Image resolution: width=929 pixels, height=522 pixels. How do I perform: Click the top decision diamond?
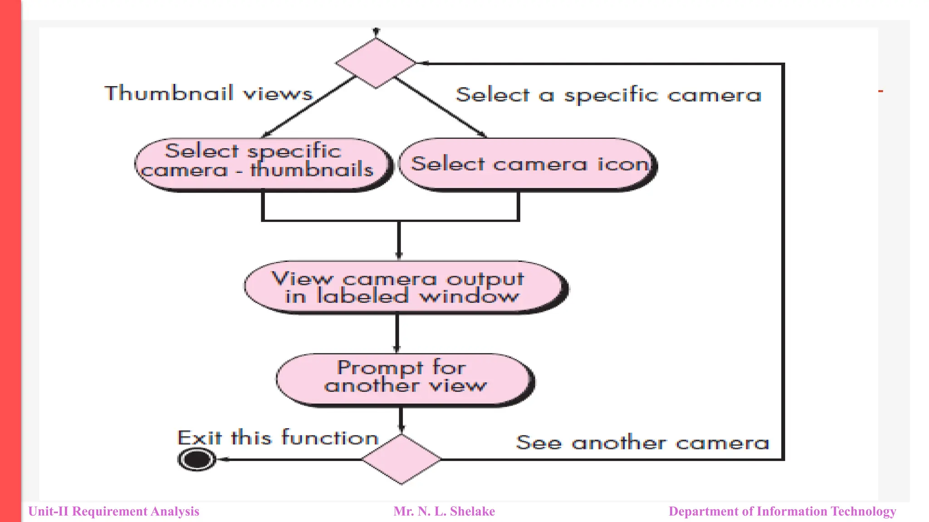point(376,63)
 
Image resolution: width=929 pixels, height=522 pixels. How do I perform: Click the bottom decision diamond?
point(401,459)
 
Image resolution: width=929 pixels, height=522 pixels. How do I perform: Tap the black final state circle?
point(197,459)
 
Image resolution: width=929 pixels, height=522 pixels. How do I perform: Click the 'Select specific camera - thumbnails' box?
point(263,164)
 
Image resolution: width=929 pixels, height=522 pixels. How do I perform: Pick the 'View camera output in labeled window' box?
point(405,287)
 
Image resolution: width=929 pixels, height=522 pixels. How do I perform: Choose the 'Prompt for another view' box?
point(405,380)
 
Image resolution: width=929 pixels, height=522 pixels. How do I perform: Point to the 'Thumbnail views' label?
point(209,93)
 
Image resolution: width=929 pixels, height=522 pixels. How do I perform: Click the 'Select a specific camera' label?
point(608,95)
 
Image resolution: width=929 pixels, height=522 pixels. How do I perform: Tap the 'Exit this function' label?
point(278,438)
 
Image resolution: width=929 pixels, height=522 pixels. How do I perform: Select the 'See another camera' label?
point(642,443)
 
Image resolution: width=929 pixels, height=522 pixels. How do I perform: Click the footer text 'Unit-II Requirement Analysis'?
point(114,512)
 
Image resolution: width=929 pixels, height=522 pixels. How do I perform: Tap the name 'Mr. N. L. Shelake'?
point(444,512)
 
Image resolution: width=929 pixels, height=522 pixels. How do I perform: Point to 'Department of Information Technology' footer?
point(782,512)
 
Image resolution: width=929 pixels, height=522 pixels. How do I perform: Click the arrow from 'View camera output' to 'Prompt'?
point(397,333)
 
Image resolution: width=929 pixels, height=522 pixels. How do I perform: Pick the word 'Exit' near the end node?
point(199,438)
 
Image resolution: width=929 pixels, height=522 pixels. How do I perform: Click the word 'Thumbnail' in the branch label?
point(169,93)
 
